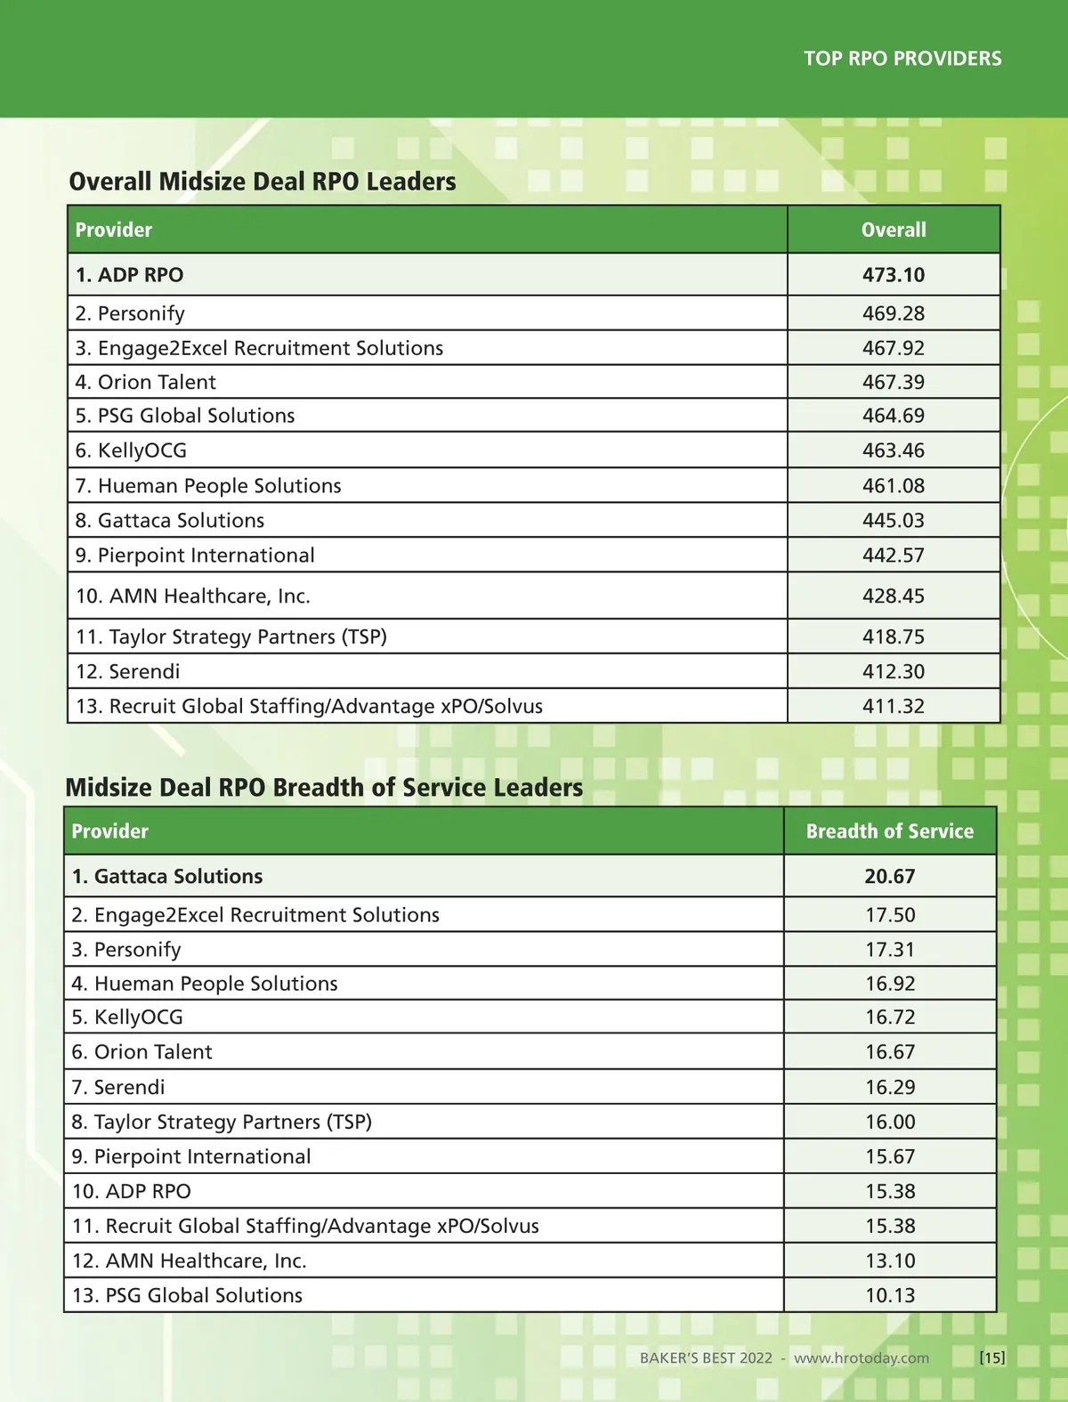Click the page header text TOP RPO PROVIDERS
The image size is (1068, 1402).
pyautogui.click(x=902, y=59)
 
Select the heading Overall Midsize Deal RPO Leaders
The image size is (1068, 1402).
pyautogui.click(x=263, y=182)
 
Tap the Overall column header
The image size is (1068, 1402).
pyautogui.click(x=894, y=230)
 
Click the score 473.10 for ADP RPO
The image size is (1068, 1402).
pyautogui.click(x=894, y=275)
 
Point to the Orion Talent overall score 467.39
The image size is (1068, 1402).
pyautogui.click(x=894, y=382)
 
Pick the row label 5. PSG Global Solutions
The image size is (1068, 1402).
pyautogui.click(x=185, y=416)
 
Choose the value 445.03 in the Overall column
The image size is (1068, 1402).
pyautogui.click(x=894, y=520)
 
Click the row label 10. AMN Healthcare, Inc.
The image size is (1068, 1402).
pyautogui.click(x=193, y=596)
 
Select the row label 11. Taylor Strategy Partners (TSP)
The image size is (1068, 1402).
pyautogui.click(x=231, y=636)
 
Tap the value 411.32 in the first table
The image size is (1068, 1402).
pyautogui.click(x=894, y=706)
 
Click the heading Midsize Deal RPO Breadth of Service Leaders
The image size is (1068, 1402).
pyautogui.click(x=324, y=788)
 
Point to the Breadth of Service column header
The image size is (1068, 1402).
pyautogui.click(x=890, y=831)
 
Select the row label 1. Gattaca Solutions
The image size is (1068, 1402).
pyautogui.click(x=167, y=877)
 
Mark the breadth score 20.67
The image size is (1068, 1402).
pyautogui.click(x=890, y=877)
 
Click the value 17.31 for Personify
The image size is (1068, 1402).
pyautogui.click(x=890, y=950)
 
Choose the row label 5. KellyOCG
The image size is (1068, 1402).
pyautogui.click(x=127, y=1017)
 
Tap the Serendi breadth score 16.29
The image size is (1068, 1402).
pyautogui.click(x=890, y=1087)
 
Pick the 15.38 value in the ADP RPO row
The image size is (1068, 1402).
pyautogui.click(x=890, y=1191)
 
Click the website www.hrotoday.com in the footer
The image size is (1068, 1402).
pyautogui.click(x=862, y=1357)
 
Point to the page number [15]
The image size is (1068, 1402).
pyautogui.click(x=992, y=1357)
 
